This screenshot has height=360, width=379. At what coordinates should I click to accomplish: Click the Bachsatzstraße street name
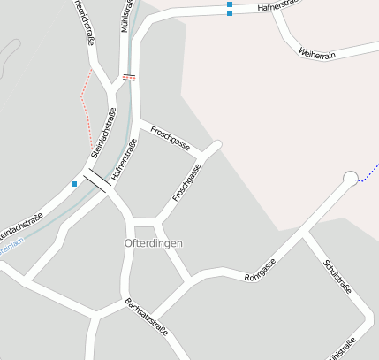[x=146, y=317]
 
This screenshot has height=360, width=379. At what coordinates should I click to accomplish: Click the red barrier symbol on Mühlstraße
[x=130, y=77]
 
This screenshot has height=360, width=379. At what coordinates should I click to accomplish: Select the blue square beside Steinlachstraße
[x=74, y=184]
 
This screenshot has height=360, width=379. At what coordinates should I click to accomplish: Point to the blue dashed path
[x=368, y=172]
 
